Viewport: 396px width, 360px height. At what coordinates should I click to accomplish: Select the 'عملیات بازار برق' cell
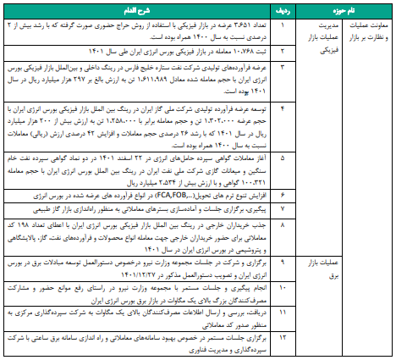coord(323,269)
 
